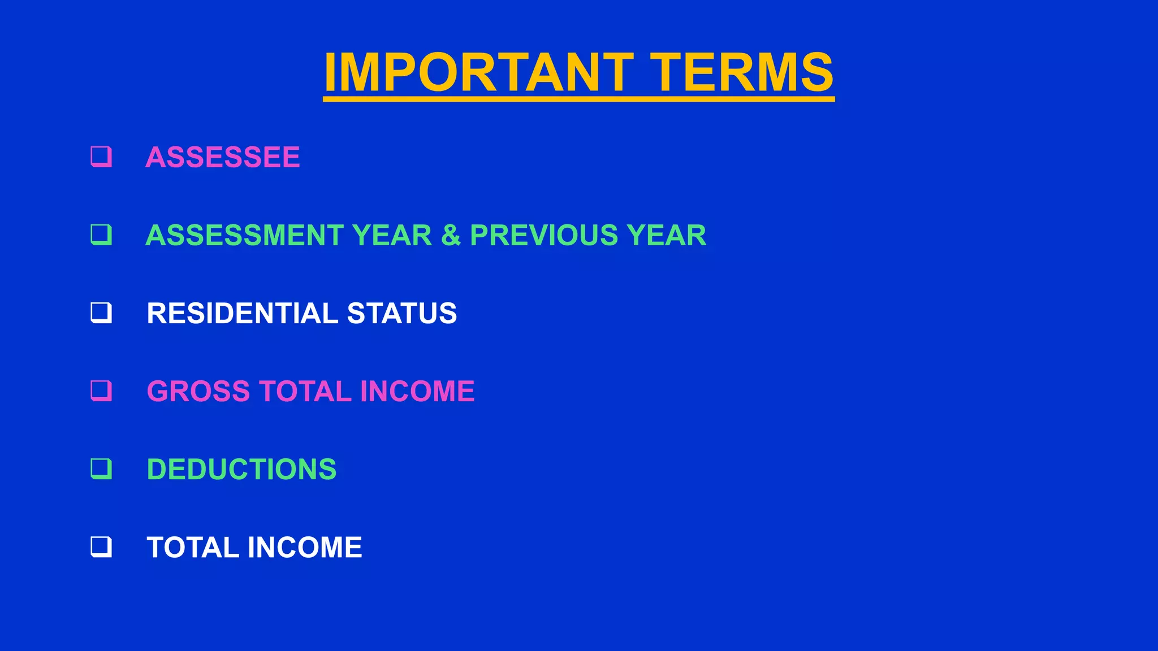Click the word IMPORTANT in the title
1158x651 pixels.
click(478, 72)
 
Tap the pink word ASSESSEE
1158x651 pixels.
click(223, 157)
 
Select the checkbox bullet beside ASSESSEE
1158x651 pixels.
click(101, 157)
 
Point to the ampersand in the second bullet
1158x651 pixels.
click(451, 235)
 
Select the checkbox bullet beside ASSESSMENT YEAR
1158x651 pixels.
click(101, 235)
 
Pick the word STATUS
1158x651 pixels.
click(401, 313)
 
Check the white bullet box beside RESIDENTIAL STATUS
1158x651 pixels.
click(101, 313)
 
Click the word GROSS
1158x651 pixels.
click(198, 391)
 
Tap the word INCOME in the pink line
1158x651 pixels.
click(417, 391)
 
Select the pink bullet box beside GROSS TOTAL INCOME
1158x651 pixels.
click(101, 390)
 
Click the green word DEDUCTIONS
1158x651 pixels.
click(241, 469)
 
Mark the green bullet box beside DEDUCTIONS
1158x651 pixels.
click(101, 468)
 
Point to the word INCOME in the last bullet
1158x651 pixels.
click(305, 547)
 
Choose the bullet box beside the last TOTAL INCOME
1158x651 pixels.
click(101, 546)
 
